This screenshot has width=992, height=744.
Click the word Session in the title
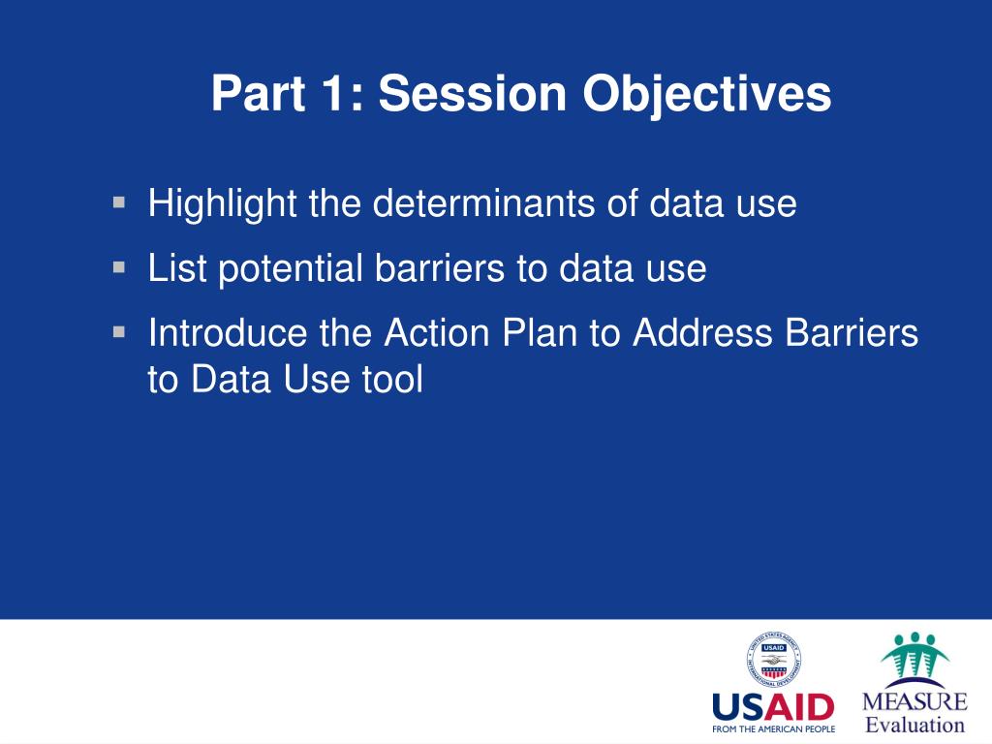(x=472, y=94)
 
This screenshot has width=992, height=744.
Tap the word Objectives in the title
(x=706, y=95)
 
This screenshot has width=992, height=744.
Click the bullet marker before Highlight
(x=119, y=202)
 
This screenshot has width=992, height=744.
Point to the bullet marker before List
(x=119, y=267)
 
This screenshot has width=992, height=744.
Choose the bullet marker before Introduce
(x=119, y=332)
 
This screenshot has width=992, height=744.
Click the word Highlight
(x=222, y=203)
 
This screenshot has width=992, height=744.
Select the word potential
(x=290, y=268)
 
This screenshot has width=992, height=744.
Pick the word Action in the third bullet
(x=437, y=332)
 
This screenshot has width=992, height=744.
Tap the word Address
(x=702, y=332)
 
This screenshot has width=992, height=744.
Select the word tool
(x=392, y=379)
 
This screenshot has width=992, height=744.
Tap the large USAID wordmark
(x=773, y=706)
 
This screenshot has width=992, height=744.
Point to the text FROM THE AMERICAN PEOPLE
(x=773, y=728)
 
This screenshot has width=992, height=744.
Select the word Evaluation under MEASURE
(x=914, y=725)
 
